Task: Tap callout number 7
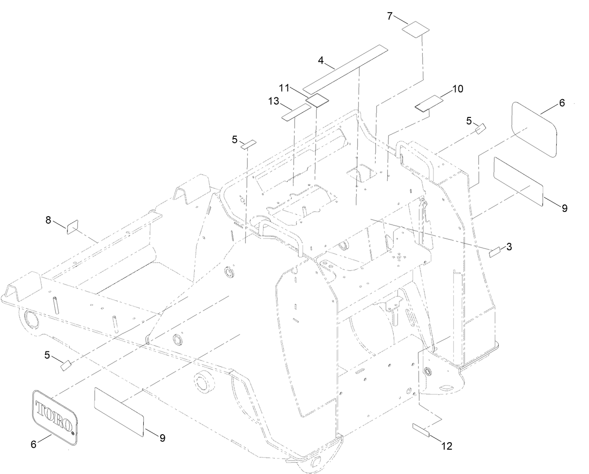click(390, 16)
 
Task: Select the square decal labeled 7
click(416, 29)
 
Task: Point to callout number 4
click(321, 60)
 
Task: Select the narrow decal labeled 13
click(296, 113)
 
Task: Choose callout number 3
click(508, 247)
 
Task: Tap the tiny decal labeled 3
click(494, 252)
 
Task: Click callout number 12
click(447, 446)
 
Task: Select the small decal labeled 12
click(420, 430)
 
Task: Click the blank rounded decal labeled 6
click(534, 129)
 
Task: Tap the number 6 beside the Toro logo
click(33, 444)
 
